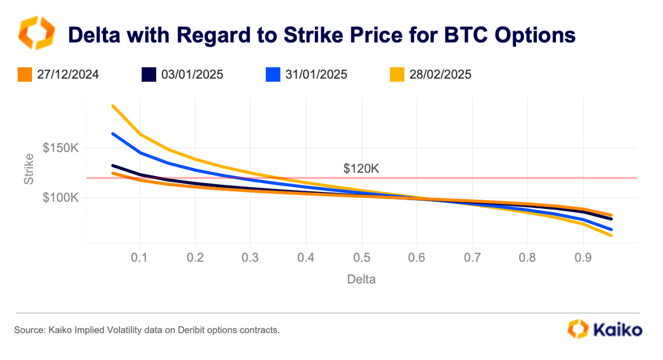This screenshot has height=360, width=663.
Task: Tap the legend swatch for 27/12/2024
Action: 24,75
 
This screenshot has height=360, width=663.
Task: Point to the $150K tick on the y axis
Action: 60,149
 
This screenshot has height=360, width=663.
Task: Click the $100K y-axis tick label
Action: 60,198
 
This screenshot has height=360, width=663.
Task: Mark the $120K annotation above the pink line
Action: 361,168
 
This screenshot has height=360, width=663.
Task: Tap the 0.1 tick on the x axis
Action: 140,258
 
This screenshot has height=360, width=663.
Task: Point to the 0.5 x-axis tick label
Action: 361,258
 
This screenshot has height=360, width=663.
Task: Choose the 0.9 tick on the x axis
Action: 583,258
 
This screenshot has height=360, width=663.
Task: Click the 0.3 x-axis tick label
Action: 250,258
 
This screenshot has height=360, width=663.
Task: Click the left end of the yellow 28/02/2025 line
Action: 112,106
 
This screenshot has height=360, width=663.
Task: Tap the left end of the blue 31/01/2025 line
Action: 112,134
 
